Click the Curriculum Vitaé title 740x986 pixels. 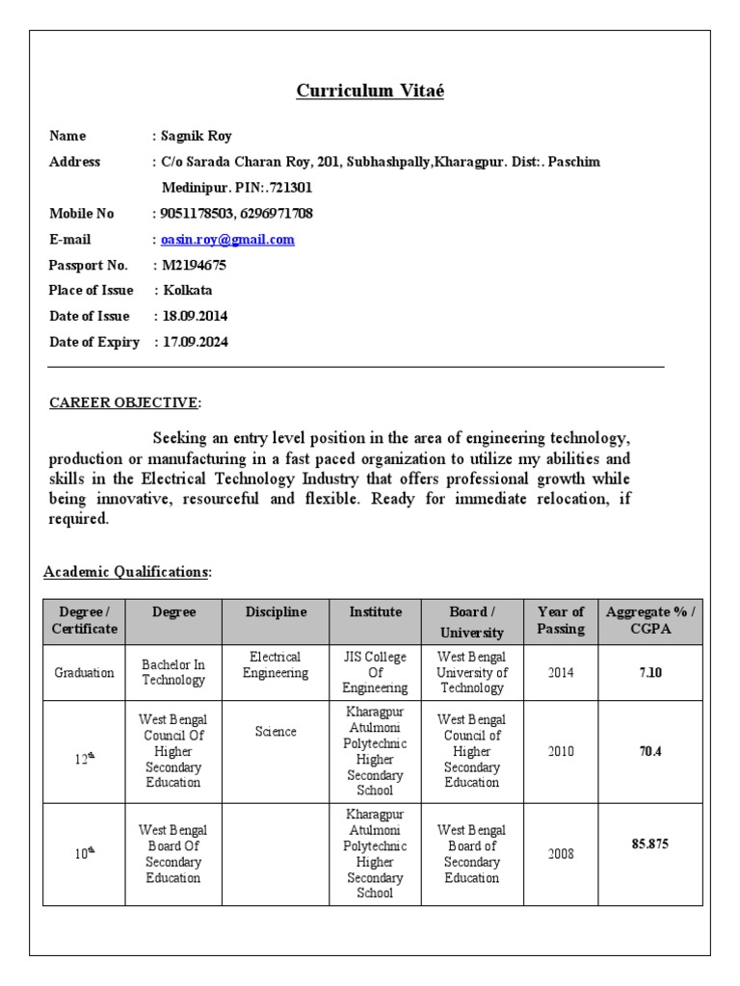coord(370,91)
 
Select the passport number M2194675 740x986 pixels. coord(194,265)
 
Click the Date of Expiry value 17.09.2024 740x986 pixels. coord(195,341)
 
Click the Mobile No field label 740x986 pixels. coord(82,214)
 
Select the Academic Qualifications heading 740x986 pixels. coord(126,572)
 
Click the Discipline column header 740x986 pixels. coord(276,612)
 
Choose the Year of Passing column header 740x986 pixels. coord(561,620)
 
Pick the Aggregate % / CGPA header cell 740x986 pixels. coord(650,620)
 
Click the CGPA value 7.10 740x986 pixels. coord(650,672)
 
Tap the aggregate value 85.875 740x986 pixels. coord(650,844)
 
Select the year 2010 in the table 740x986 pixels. coord(561,751)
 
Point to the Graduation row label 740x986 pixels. coord(85,672)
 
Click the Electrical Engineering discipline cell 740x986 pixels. coord(276,664)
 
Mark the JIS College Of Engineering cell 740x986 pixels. coord(376,672)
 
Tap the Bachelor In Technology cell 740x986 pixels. coord(173,672)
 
